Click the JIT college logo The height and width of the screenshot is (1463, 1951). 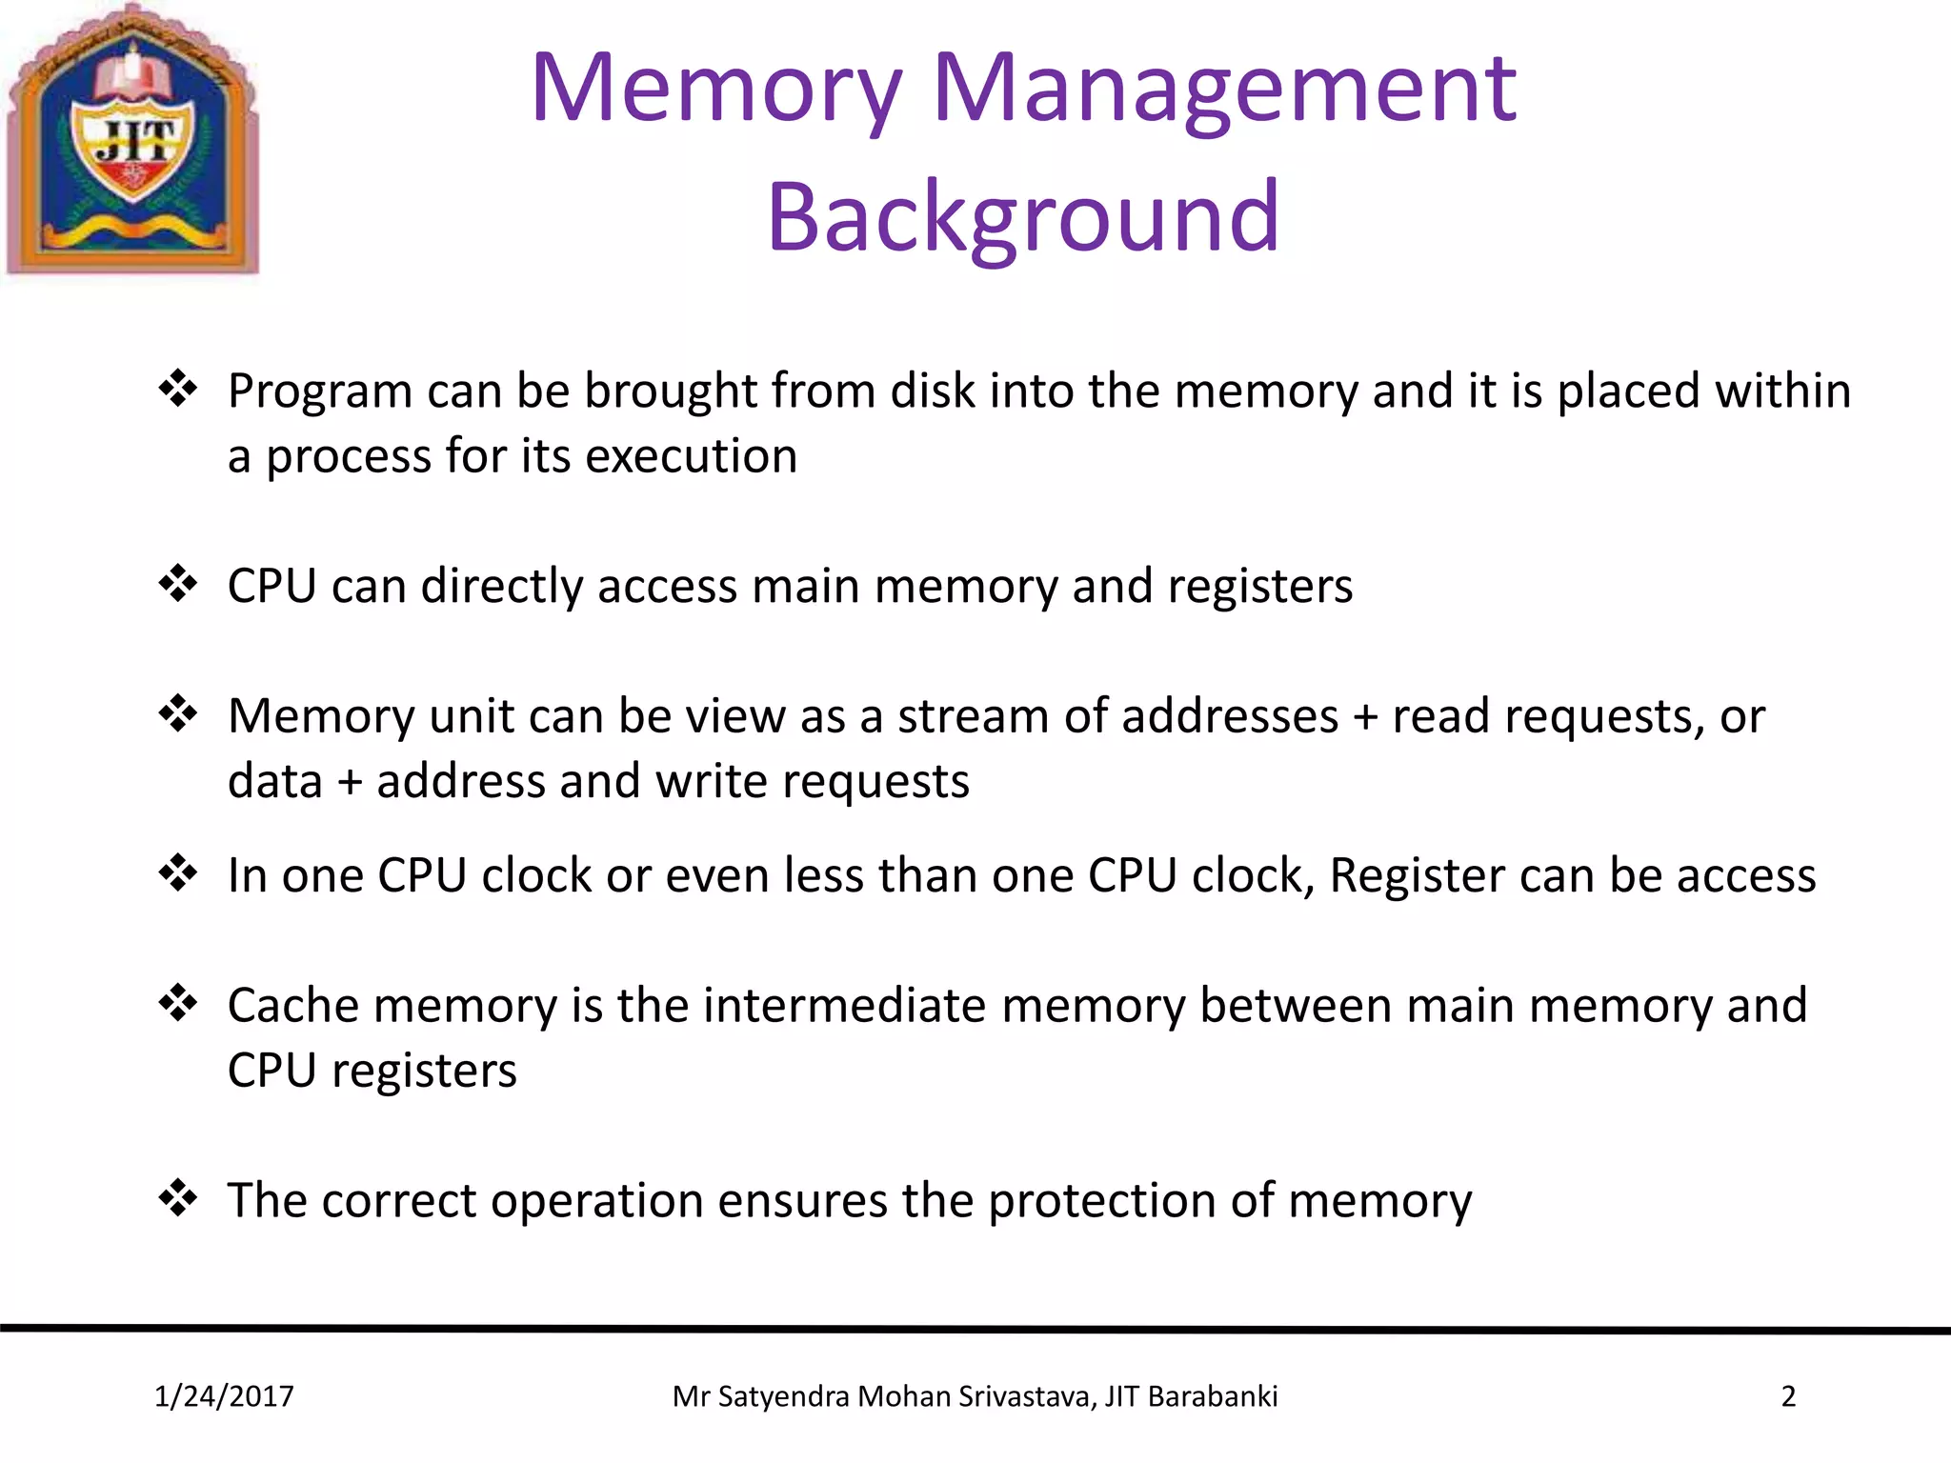(133, 141)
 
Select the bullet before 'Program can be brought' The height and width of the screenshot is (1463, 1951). (178, 389)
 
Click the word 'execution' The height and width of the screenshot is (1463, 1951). (691, 456)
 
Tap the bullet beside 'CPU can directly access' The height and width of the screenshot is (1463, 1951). (178, 583)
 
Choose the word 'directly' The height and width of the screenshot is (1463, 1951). (502, 586)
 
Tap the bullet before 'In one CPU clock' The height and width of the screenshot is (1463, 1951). (178, 872)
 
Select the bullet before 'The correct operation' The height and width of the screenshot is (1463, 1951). (178, 1197)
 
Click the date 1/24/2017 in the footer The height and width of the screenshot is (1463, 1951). (224, 1396)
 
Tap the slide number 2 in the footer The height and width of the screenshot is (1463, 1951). (1788, 1396)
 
